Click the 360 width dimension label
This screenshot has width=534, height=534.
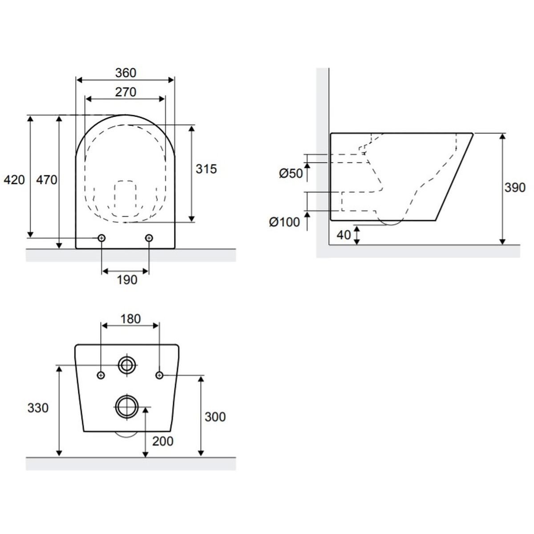pos(125,73)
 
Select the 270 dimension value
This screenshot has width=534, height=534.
pos(125,92)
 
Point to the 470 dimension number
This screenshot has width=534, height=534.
pos(47,180)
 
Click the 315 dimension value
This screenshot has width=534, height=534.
pos(206,169)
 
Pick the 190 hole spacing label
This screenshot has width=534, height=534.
pos(126,280)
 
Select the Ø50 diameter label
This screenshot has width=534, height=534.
pos(291,174)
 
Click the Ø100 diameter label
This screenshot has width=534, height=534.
pos(284,222)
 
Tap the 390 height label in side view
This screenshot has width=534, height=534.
pos(515,188)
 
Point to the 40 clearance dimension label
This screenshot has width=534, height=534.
pos(344,235)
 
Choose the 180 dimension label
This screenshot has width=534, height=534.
pos(130,319)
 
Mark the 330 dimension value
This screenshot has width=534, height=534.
pos(38,408)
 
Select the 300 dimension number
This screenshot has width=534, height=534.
pos(215,417)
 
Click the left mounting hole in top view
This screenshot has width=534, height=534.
pos(102,239)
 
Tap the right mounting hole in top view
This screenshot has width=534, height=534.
pos(149,239)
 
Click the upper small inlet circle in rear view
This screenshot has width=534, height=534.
pos(127,365)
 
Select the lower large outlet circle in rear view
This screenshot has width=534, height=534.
pos(126,406)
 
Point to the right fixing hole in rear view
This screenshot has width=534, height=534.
pos(159,376)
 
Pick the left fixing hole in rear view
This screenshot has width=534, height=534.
pos(101,376)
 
